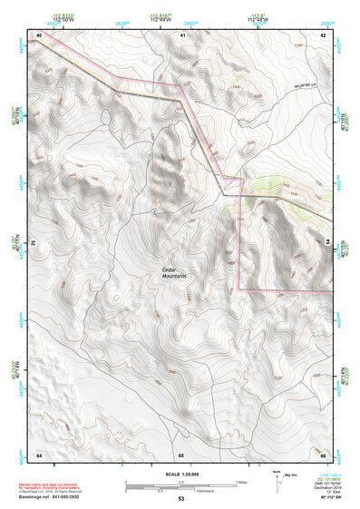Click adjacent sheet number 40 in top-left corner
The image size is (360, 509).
click(38, 34)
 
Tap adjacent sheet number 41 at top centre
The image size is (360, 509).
click(181, 34)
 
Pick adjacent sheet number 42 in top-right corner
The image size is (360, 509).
click(323, 34)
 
